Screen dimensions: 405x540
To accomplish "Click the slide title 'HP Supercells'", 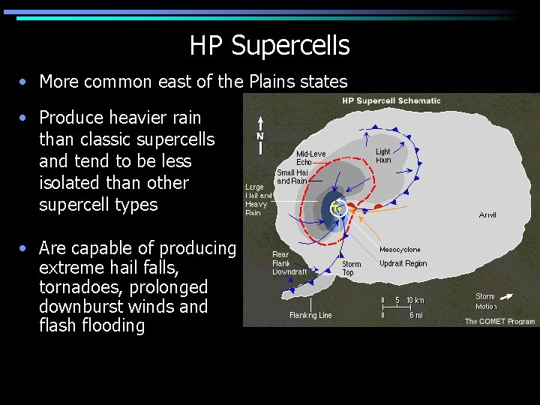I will pyautogui.click(x=269, y=46).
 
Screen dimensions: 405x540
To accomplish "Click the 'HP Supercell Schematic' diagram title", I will pyautogui.click(x=391, y=100).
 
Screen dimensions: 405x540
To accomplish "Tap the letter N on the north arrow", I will pyautogui.click(x=260, y=136).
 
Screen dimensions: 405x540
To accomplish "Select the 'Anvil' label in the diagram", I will pyautogui.click(x=487, y=215).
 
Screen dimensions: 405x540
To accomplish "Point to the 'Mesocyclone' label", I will pyautogui.click(x=400, y=250).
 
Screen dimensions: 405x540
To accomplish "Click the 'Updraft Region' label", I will pyautogui.click(x=403, y=263).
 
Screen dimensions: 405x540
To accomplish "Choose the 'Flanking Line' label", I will pyautogui.click(x=310, y=315).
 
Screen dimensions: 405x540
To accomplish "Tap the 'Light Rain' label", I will pyautogui.click(x=383, y=156).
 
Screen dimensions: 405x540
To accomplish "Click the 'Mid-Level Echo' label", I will pyautogui.click(x=310, y=158).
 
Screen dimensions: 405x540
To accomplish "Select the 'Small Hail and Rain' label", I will pyautogui.click(x=292, y=176).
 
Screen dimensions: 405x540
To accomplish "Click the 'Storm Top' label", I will pyautogui.click(x=351, y=268).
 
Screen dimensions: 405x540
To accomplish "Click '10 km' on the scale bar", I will pyautogui.click(x=415, y=301).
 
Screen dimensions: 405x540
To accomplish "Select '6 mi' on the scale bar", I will pyautogui.click(x=416, y=315).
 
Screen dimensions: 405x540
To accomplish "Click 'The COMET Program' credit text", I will pyautogui.click(x=499, y=321).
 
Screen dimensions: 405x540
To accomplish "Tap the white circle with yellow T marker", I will pyautogui.click(x=339, y=208).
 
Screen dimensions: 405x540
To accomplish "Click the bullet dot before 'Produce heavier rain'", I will pyautogui.click(x=25, y=118).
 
